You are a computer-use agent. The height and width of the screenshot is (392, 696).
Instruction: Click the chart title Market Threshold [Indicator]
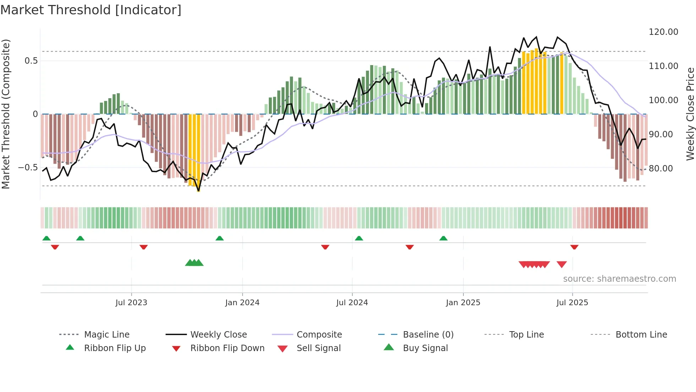pos(91,10)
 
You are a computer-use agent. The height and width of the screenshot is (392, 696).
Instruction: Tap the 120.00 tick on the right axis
pos(663,32)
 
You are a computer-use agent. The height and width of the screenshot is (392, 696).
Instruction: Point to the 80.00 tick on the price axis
pos(660,169)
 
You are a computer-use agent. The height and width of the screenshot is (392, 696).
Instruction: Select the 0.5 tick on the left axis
pos(31,61)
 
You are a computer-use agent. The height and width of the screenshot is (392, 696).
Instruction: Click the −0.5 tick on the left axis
pos(28,168)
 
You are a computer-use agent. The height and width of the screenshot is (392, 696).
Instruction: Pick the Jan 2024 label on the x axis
pos(242,303)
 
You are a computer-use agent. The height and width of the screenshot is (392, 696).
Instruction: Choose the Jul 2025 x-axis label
pos(572,303)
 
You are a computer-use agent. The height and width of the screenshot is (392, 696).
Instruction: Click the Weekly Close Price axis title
pos(690,114)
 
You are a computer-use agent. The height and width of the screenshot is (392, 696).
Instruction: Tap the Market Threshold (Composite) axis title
pos(6,114)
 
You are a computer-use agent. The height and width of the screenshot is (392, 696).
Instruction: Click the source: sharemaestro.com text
pos(619,279)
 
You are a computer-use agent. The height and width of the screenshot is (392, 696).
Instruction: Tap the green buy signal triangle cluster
pos(194,263)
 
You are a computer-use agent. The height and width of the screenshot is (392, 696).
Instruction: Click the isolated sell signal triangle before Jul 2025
pos(561,264)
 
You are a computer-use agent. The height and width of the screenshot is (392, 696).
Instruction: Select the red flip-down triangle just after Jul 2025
pos(574,247)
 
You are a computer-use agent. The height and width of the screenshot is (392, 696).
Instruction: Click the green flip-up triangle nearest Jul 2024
pos(359,238)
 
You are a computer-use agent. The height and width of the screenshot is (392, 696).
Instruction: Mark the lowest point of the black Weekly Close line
pos(199,191)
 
